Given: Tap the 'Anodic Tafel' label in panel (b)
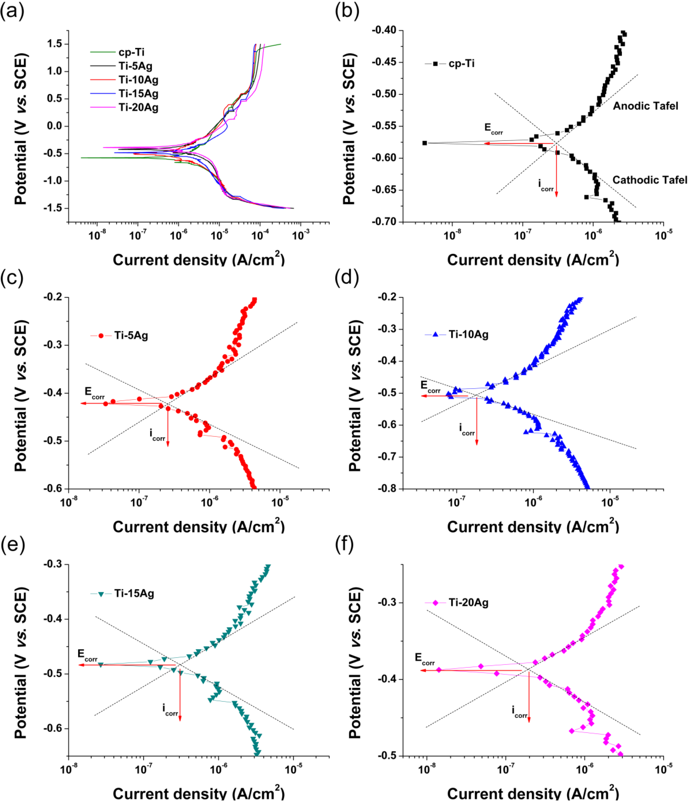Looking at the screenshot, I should click(x=645, y=106).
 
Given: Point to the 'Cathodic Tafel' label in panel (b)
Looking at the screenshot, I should click(x=649, y=180).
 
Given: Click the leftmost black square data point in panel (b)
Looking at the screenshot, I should click(x=425, y=143).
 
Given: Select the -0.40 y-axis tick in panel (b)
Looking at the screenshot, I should click(x=384, y=30).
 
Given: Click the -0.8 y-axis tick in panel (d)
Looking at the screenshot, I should click(x=387, y=489).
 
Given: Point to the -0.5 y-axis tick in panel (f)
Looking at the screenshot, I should click(x=387, y=756).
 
